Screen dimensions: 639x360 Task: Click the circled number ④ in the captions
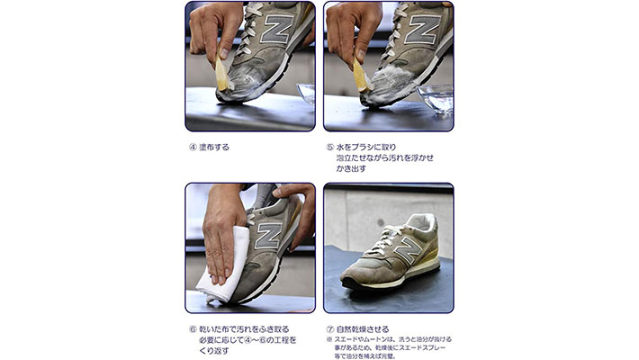pyautogui.click(x=193, y=148)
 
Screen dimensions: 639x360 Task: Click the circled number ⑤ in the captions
pyautogui.click(x=330, y=148)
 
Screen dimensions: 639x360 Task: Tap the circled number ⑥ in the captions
pyautogui.click(x=193, y=329)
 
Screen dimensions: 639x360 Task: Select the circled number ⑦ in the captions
pyautogui.click(x=330, y=329)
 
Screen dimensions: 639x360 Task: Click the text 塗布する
pyautogui.click(x=214, y=148)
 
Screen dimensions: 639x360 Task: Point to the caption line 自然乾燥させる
pyautogui.click(x=363, y=329)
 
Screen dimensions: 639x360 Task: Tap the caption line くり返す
pyautogui.click(x=214, y=350)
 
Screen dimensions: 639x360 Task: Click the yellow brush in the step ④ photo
pyautogui.click(x=222, y=74)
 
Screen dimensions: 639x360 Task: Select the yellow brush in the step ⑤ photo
pyautogui.click(x=361, y=76)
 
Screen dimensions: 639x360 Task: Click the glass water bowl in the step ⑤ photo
pyautogui.click(x=436, y=99)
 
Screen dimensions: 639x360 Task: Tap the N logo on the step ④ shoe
pyautogui.click(x=276, y=28)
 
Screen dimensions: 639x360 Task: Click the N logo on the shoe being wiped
pyautogui.click(x=268, y=236)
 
